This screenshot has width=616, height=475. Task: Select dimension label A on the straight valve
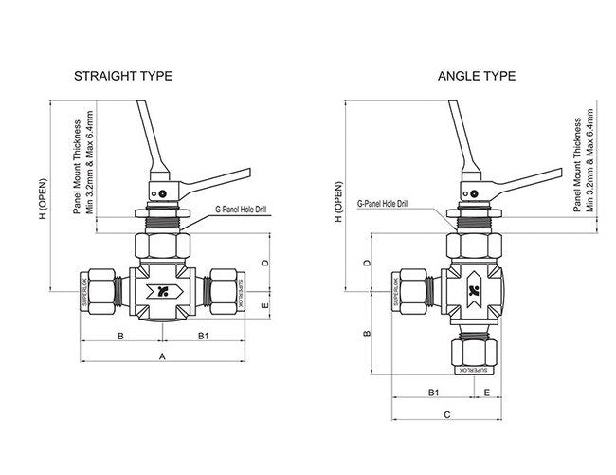point(162,356)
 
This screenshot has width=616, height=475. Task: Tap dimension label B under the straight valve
point(120,336)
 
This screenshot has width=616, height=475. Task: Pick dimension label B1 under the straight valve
point(203,336)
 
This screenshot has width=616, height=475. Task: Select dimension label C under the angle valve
point(445,414)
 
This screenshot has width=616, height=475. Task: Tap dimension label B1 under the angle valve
point(432,391)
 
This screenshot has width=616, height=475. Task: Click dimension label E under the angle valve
point(486,391)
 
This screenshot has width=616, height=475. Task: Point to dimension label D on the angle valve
point(367,261)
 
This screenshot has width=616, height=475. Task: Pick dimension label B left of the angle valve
point(367,334)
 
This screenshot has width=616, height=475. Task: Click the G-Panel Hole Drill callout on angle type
point(383,204)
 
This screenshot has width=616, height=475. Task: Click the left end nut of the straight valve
point(98,290)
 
